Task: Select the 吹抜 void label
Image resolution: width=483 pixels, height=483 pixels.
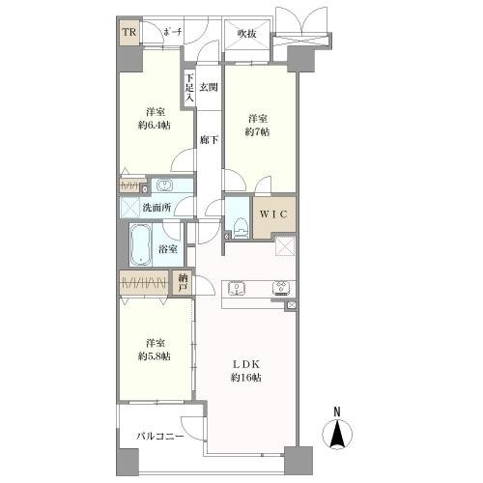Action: tap(247, 34)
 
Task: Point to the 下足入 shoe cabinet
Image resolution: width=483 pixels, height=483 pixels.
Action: tap(190, 89)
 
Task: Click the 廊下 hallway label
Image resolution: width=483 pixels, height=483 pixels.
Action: tap(208, 140)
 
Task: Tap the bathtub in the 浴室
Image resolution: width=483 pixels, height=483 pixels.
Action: tap(141, 245)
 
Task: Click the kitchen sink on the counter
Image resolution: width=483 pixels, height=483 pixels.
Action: tap(237, 287)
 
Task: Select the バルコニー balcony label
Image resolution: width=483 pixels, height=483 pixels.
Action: tap(159, 437)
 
